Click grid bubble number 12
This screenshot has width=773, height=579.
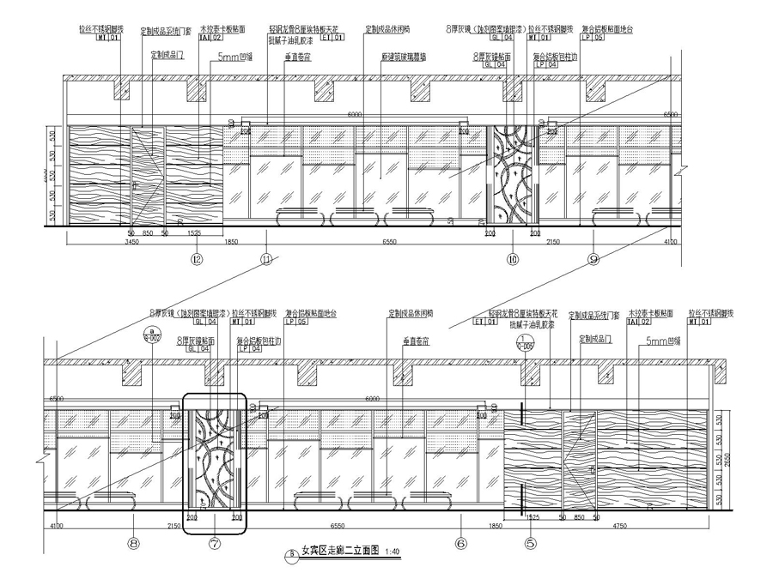[x=198, y=258]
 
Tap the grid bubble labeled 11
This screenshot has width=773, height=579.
[x=267, y=258]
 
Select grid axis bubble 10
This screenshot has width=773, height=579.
[x=513, y=258]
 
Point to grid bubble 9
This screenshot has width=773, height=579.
[x=593, y=258]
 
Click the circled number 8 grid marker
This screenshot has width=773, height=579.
[x=134, y=542]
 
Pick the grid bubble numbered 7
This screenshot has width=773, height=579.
[x=214, y=542]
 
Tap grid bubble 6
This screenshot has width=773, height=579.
[x=460, y=542]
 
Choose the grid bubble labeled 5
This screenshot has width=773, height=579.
[x=530, y=542]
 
